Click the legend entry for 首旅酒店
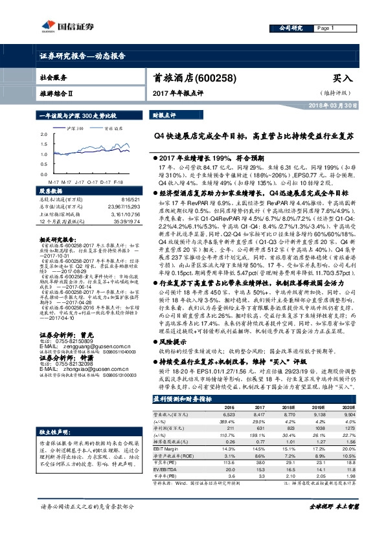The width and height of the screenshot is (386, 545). [113, 129]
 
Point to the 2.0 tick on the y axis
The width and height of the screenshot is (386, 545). [43, 134]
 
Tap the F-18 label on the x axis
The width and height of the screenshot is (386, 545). [119, 182]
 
